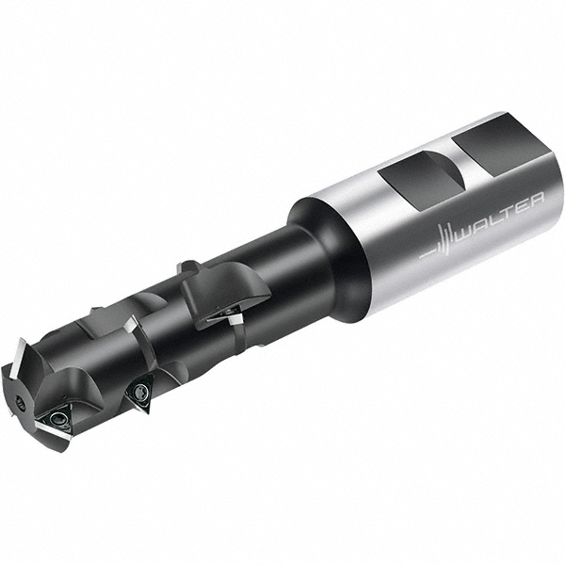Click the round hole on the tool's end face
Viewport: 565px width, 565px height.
[x=20, y=382]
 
